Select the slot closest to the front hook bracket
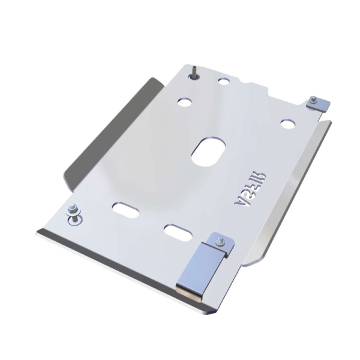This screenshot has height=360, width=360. click(x=176, y=230)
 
